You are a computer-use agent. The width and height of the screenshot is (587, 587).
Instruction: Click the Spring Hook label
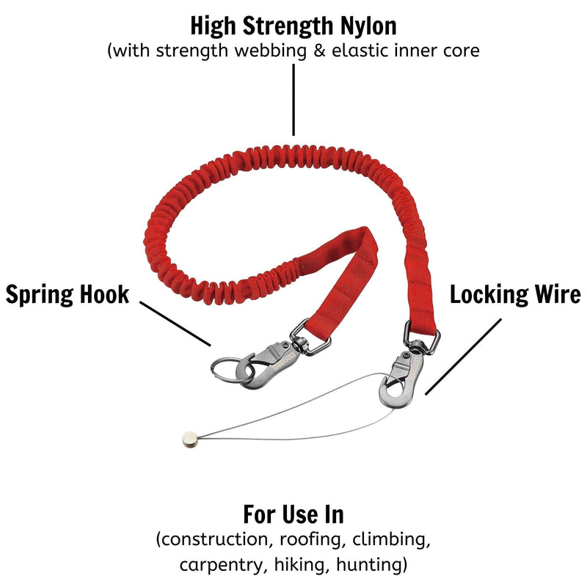coord(68,295)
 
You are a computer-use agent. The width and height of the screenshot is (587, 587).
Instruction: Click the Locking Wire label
coord(515,295)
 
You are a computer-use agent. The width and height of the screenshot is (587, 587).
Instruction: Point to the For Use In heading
coord(293,514)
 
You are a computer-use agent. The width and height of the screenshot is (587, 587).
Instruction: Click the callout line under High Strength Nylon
coord(293,99)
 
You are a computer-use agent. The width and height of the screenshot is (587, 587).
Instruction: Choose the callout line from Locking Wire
coord(464,357)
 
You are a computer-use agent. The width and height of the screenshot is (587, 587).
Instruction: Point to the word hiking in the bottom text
coord(302,565)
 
